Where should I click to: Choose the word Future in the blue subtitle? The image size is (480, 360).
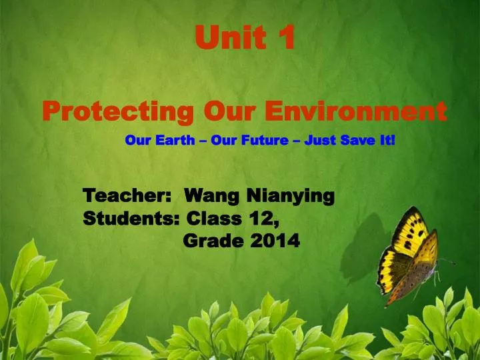tap(267, 141)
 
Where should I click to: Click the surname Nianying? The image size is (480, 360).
tap(291, 197)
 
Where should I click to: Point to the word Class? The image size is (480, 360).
tap(213, 219)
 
